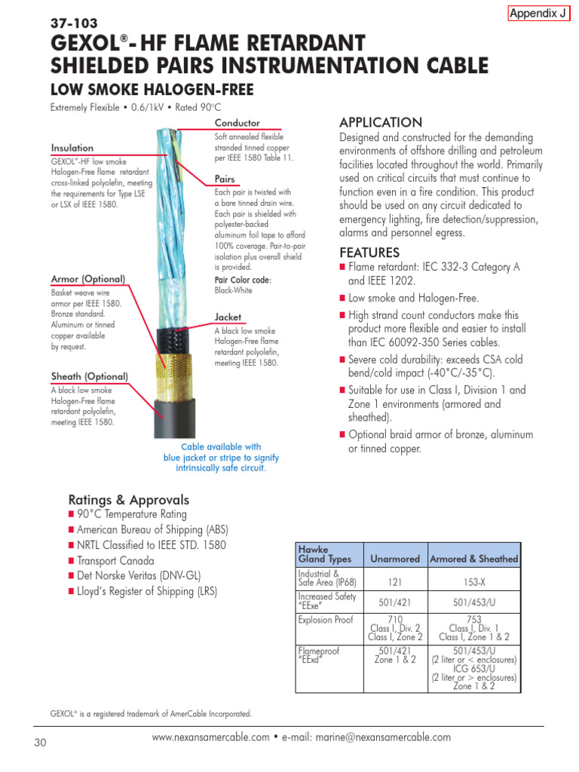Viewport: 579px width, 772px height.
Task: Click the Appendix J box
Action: (538, 13)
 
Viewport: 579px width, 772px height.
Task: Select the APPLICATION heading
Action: (381, 123)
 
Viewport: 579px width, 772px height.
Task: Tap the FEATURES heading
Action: (369, 252)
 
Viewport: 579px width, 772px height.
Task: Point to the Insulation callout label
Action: (72, 149)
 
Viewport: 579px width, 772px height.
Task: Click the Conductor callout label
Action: (237, 123)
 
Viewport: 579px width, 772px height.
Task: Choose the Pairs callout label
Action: (225, 179)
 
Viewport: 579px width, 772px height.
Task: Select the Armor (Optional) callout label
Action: (88, 279)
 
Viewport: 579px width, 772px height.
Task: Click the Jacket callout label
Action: (228, 317)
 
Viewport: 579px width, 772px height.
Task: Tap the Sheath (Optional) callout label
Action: (89, 376)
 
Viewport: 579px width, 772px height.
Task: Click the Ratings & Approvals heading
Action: (129, 500)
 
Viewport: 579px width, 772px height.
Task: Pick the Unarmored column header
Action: (394, 559)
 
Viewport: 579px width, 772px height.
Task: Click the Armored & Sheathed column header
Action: (473, 559)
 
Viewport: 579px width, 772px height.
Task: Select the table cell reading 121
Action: (394, 582)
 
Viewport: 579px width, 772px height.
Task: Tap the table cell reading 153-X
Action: (473, 582)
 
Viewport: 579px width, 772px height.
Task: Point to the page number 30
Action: (41, 743)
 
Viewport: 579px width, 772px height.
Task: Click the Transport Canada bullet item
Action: (115, 561)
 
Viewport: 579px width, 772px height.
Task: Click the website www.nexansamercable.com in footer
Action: (210, 737)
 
